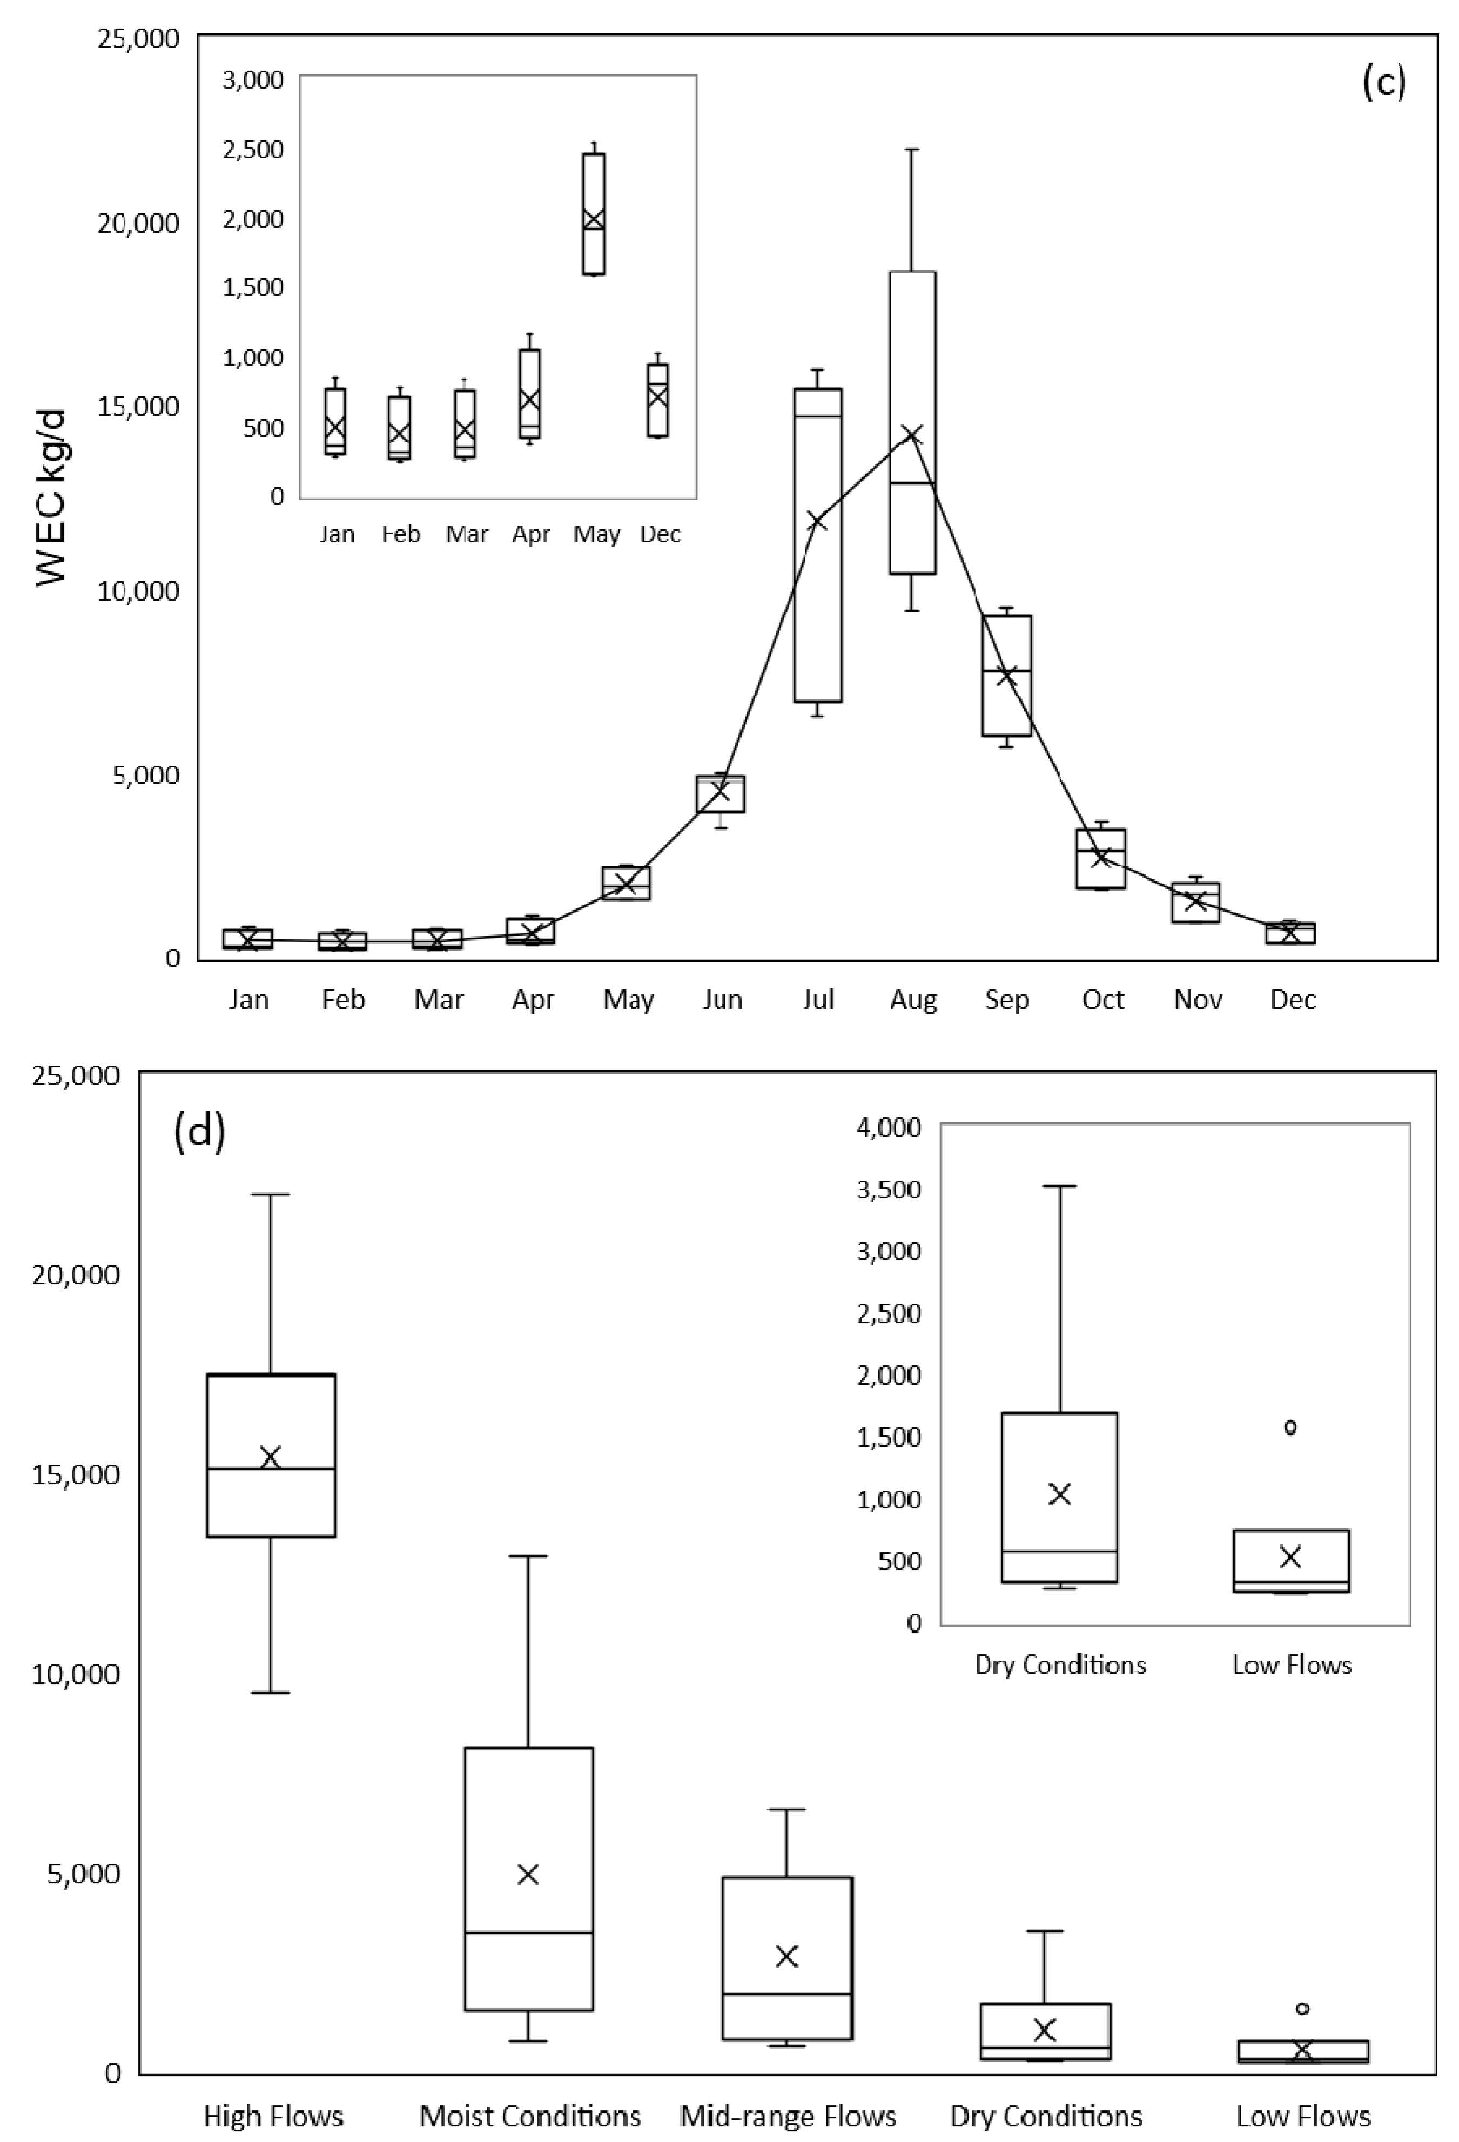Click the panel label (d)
[x=199, y=1133]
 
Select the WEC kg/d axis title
[x=53, y=498]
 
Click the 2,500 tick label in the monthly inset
[x=253, y=149]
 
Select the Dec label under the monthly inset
[x=660, y=535]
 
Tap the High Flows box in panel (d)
[x=271, y=1456]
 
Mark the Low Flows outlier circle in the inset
[x=1290, y=1427]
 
